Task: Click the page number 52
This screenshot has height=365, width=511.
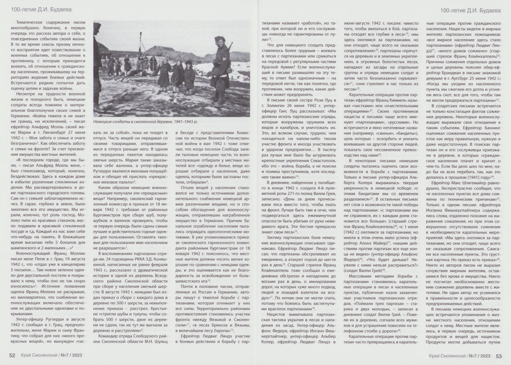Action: point(12,355)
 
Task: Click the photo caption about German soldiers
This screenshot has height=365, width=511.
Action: point(145,122)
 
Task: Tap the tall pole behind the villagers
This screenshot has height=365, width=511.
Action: point(141,46)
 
